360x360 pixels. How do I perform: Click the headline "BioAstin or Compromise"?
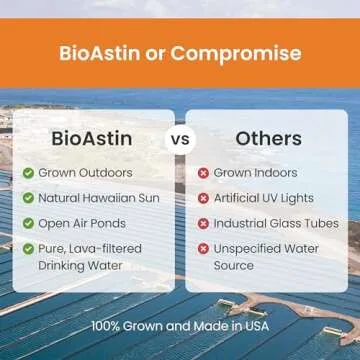(180, 53)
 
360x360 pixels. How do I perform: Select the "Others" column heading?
(268, 138)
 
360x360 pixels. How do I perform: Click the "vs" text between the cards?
(180, 139)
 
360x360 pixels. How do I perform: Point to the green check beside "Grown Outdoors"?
(28, 173)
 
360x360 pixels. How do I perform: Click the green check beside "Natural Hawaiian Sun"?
(28, 198)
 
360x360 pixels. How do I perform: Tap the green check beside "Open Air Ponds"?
(28, 223)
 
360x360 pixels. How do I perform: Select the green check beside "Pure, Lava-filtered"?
(28, 248)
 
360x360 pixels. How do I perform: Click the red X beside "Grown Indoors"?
(203, 173)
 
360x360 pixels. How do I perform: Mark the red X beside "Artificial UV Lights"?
(203, 198)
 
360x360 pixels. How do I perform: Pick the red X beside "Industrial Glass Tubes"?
(203, 223)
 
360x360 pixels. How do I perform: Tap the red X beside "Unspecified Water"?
(203, 248)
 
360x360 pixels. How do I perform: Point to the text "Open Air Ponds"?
(84, 223)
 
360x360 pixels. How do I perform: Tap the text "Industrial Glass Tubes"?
(276, 223)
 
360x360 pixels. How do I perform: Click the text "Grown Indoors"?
(255, 173)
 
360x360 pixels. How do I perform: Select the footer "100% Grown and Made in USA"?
(180, 326)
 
